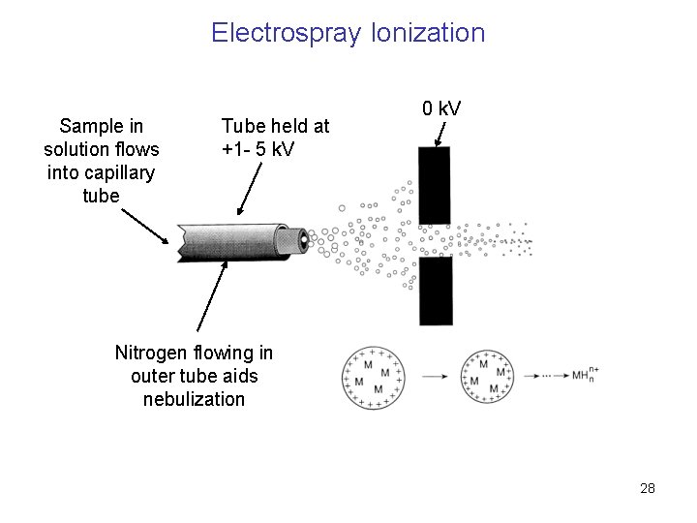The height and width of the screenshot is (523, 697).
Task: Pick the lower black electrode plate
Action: pos(435,291)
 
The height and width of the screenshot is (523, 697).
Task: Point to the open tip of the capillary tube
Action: pos(304,238)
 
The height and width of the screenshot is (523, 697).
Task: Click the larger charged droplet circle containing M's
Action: pos(373,376)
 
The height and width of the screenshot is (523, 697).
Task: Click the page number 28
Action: pos(648,488)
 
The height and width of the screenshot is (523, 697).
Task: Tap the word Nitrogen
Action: pos(154,351)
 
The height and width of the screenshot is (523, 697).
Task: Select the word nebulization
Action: pos(194,398)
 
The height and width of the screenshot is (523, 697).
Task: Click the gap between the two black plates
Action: pos(435,239)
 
